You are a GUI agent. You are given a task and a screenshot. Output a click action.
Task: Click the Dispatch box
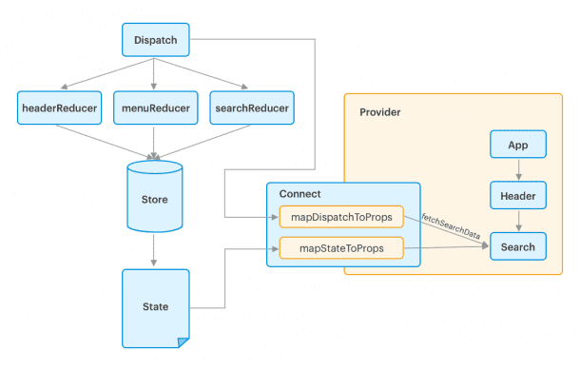[154, 40]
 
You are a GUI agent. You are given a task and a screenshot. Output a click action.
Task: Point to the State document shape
[154, 306]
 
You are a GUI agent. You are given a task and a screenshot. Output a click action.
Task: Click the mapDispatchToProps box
[341, 217]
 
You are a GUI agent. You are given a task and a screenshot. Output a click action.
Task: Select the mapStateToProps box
[341, 249]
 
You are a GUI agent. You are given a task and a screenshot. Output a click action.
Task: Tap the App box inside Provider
[517, 146]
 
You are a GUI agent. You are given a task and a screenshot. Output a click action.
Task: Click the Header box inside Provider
[517, 197]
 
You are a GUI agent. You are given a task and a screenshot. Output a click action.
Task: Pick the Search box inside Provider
[517, 247]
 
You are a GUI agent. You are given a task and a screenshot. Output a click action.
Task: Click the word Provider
[380, 112]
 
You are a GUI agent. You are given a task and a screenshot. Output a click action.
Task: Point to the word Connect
[287, 194]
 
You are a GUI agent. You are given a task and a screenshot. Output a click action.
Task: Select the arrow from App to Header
[517, 171]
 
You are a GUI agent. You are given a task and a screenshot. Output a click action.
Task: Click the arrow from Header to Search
[517, 223]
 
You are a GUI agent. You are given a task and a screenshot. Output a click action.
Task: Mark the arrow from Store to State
[154, 252]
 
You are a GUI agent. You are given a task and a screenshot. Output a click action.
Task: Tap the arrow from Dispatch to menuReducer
[154, 72]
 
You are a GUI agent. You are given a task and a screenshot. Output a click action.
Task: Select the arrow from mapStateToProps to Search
[447, 249]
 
